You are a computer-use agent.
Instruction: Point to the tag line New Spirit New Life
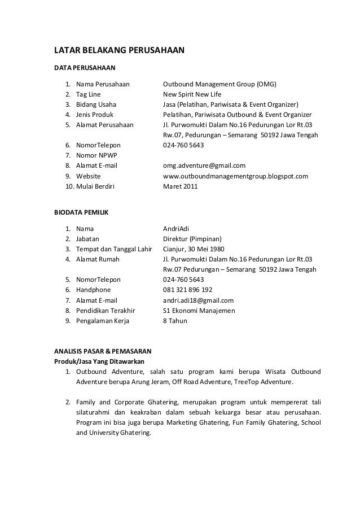tap(192, 95)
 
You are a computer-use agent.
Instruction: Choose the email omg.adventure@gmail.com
tap(204, 165)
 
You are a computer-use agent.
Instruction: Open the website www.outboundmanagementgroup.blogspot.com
tap(235, 176)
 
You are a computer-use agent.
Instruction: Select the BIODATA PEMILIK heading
tap(81, 213)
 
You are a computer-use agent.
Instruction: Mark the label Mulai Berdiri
tap(94, 186)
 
